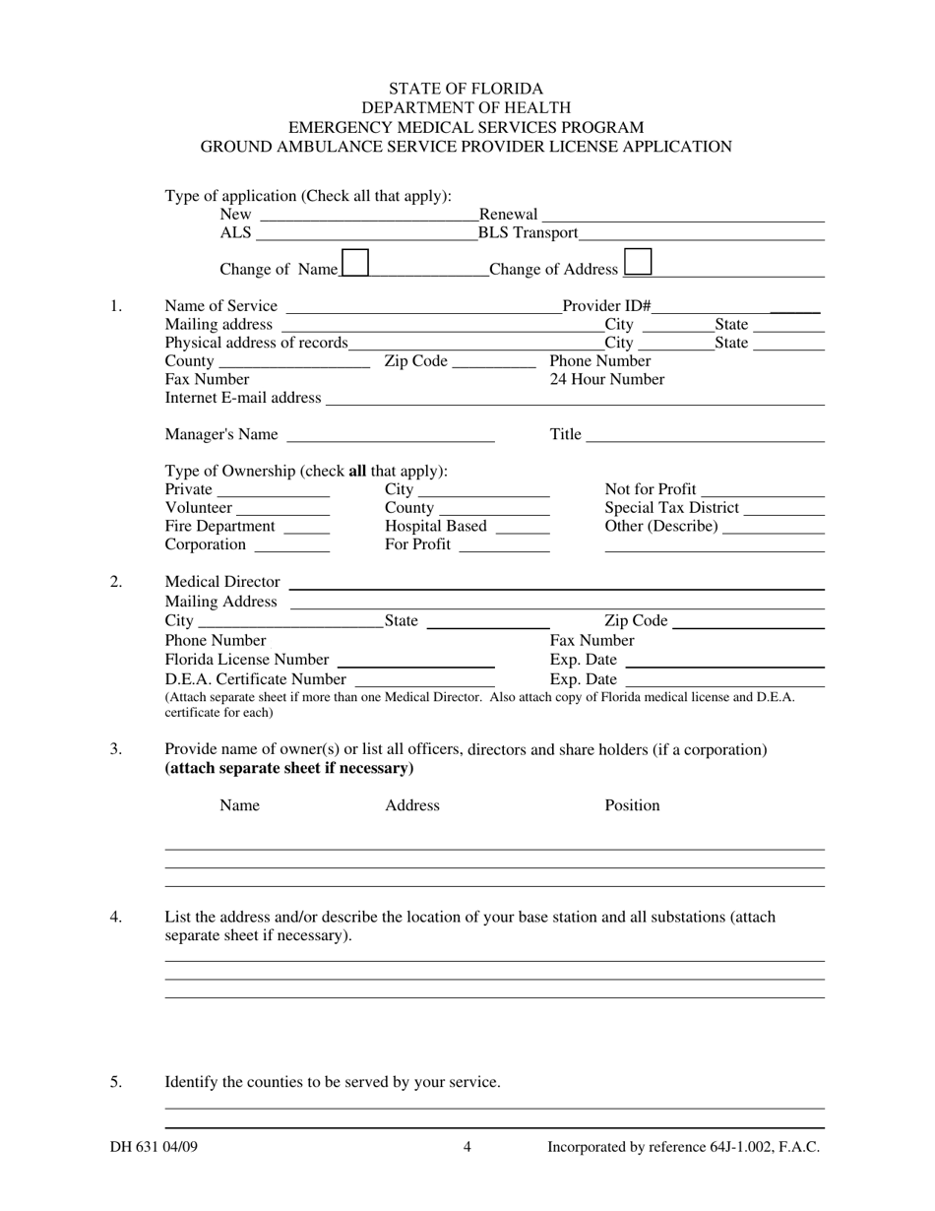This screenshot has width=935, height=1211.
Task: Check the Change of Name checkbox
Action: click(355, 262)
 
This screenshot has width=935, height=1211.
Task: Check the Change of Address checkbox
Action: click(638, 262)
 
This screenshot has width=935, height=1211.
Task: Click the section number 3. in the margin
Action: click(116, 749)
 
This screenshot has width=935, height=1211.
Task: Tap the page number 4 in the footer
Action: click(467, 1146)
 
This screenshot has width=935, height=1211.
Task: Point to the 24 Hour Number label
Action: click(606, 379)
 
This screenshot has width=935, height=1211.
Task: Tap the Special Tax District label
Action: click(671, 508)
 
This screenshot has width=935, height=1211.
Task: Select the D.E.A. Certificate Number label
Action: click(255, 679)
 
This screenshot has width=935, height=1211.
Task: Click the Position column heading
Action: click(632, 805)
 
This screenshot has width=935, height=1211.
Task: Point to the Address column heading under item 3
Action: click(411, 805)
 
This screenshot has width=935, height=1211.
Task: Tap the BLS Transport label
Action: click(528, 233)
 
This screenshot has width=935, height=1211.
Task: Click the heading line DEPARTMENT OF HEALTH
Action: click(466, 107)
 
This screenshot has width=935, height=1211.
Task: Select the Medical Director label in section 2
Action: click(221, 582)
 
